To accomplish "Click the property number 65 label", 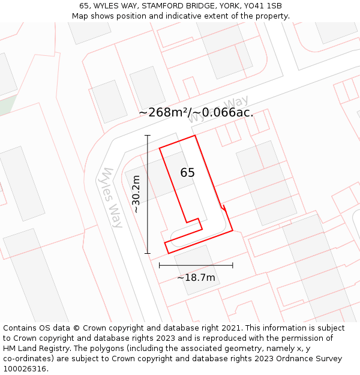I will click(187, 173).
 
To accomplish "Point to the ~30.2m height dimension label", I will click(136, 194).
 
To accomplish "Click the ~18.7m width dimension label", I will click(196, 278).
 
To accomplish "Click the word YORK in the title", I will click(222, 6).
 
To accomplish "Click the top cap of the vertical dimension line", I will click(147, 136).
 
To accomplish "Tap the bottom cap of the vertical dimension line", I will click(147, 253).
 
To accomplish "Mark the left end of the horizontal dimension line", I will click(160, 265).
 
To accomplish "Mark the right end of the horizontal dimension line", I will click(233, 265).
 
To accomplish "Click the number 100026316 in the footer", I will click(24, 369).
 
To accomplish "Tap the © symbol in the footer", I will click(77, 328).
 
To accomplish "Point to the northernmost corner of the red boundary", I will click(196, 136).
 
